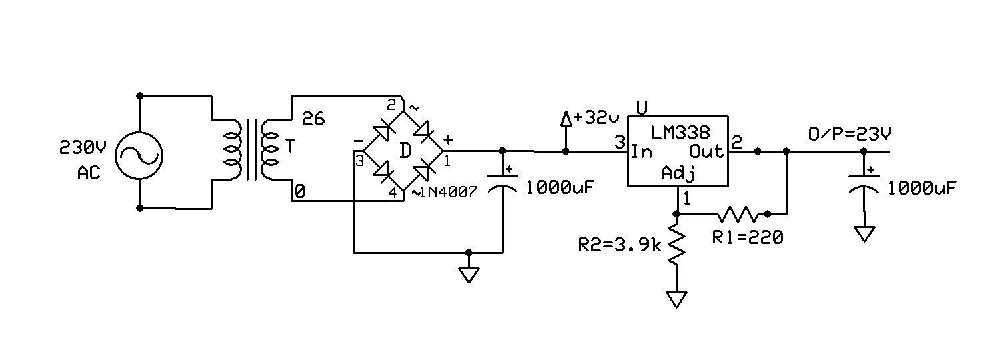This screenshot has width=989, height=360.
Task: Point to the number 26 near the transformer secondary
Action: coord(313,119)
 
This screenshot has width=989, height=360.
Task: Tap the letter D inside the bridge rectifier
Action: coord(404,151)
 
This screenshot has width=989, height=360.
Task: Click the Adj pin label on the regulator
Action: coord(678,175)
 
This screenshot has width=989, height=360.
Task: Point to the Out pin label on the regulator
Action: coord(706,152)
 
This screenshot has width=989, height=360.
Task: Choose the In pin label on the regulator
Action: coord(642,152)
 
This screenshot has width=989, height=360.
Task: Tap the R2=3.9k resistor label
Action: coord(619,245)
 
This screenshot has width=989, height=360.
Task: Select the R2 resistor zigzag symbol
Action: coord(677,245)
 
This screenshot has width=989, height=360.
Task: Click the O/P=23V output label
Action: coord(849,135)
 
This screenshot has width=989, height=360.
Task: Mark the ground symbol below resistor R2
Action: coord(677,299)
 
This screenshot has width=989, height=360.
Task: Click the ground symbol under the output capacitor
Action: coord(864,234)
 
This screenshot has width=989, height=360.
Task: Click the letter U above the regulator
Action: coord(642,107)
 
